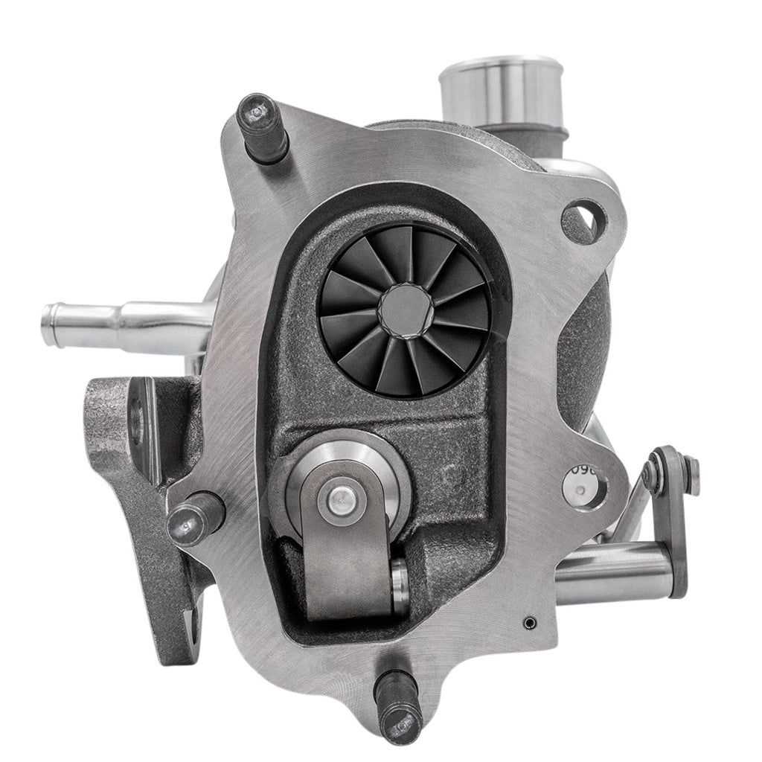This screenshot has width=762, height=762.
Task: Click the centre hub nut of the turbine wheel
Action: coord(403,307)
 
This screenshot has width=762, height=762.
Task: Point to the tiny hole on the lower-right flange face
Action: coord(528,620)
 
